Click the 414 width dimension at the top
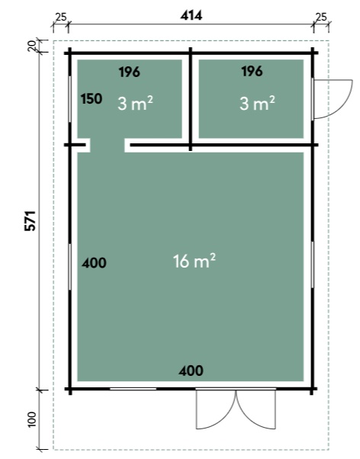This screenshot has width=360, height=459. click(191, 15)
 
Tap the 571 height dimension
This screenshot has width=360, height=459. click(31, 220)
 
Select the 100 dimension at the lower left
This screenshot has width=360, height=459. click(32, 419)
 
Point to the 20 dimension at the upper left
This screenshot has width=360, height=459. click(31, 46)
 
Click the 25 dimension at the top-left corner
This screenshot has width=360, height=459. click(60, 18)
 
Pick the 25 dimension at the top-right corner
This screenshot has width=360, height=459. click(321, 17)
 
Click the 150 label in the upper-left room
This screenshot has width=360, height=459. click(92, 99)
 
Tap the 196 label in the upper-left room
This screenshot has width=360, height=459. click(130, 72)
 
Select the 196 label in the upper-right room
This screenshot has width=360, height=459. click(252, 72)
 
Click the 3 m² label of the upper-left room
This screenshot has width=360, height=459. click(135, 104)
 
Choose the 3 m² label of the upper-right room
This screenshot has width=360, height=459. click(257, 104)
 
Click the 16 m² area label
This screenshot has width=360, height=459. click(194, 261)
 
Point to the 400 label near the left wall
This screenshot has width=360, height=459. click(94, 263)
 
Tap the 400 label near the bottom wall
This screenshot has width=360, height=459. click(191, 371)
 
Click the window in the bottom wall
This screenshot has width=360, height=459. click(133, 389)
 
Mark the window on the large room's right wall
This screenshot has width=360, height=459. click(312, 265)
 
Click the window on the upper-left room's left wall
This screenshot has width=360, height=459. click(69, 99)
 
